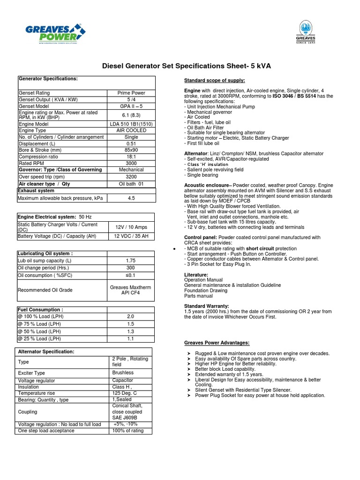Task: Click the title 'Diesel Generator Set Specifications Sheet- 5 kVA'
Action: point(186,66)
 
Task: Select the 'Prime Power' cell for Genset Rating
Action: point(131,93)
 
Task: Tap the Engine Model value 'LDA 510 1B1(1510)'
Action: point(131,124)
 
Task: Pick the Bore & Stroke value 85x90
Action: point(131,150)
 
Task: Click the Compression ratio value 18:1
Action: point(131,157)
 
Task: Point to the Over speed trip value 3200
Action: point(131,177)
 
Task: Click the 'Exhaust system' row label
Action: point(36,191)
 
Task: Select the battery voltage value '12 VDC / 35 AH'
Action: point(131,236)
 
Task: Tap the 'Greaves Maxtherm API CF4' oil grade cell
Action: point(131,290)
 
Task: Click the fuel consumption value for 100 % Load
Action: point(130,317)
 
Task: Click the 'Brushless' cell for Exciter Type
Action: point(123,373)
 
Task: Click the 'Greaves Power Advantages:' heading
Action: point(217,343)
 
